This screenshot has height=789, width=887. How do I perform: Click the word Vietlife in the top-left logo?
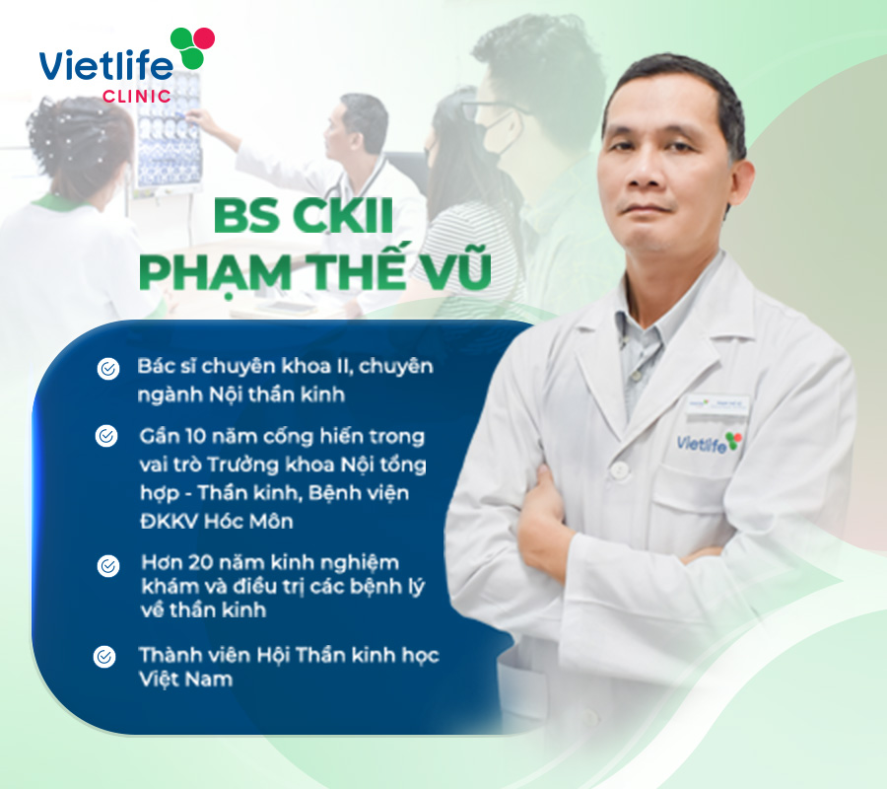pyautogui.click(x=105, y=66)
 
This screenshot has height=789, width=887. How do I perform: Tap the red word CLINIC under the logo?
pyautogui.click(x=137, y=97)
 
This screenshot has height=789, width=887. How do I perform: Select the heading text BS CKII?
pyautogui.click(x=304, y=216)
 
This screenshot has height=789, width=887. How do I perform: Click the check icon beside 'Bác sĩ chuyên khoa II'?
pyautogui.click(x=108, y=369)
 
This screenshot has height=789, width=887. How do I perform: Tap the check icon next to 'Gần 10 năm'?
pyautogui.click(x=106, y=436)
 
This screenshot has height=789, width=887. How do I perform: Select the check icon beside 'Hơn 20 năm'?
pyautogui.click(x=108, y=565)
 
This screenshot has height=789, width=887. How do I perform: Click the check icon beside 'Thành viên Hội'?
pyautogui.click(x=104, y=657)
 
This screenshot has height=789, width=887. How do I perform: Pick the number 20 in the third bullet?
pyautogui.click(x=200, y=562)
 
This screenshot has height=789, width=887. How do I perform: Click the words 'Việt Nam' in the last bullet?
pyautogui.click(x=186, y=679)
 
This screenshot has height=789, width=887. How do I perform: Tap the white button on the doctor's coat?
pyautogui.click(x=620, y=469)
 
